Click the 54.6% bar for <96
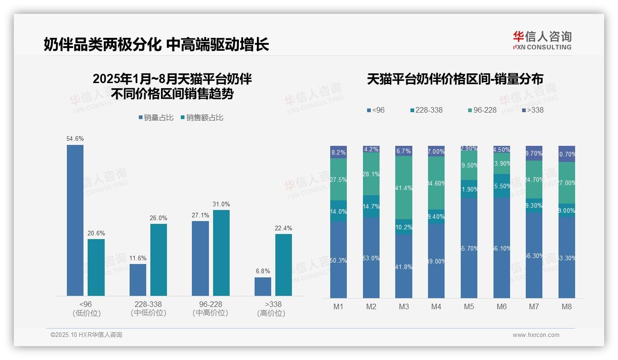[75, 220]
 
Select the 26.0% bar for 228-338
[159, 259]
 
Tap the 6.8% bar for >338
[263, 286]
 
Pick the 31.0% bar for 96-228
[221, 252]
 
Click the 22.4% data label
[283, 228]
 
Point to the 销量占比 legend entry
[156, 118]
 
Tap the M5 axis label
[469, 306]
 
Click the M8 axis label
[567, 306]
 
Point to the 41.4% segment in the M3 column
[404, 187]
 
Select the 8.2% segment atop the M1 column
[339, 152]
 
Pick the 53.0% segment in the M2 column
[371, 258]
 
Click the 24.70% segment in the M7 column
[534, 179]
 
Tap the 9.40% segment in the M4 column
[436, 216]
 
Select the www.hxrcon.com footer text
[536, 335]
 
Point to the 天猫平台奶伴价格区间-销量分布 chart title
[455, 79]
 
